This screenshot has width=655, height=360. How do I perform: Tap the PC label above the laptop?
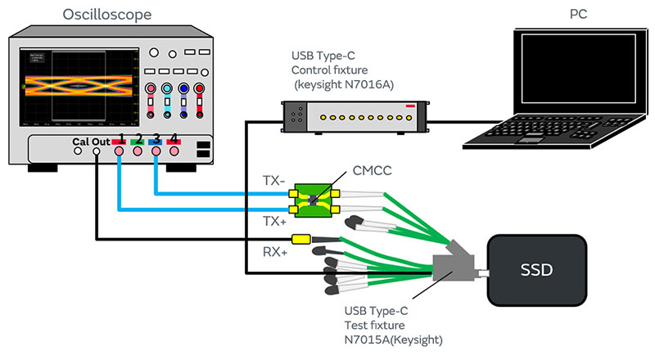point(578,14)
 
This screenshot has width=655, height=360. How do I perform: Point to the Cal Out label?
point(91,140)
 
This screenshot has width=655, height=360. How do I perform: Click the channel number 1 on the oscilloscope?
point(120,138)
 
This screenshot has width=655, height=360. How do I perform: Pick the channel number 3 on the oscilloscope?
point(156,138)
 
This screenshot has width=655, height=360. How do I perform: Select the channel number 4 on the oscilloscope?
point(173,138)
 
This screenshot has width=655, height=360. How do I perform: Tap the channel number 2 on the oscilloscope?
point(138,138)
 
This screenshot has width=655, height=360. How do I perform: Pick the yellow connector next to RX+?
point(300,241)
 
